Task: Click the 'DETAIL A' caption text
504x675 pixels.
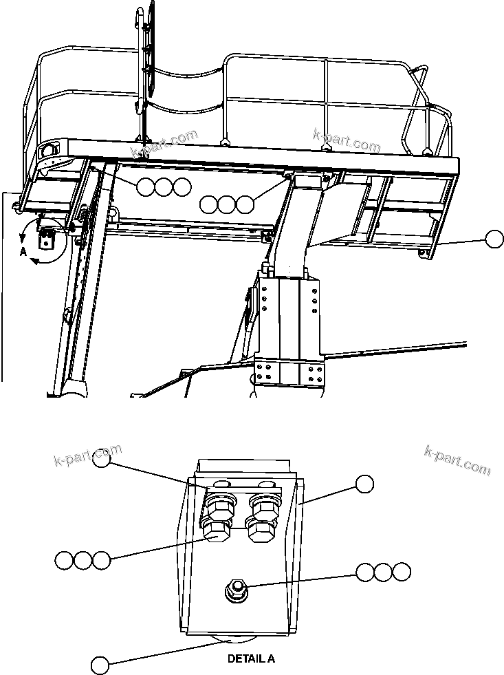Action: (251, 658)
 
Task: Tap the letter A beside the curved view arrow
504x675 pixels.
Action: (23, 253)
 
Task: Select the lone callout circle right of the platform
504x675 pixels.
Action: (494, 239)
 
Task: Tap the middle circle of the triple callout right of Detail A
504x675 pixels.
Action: (383, 571)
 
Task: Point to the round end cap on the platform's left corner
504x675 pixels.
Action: (49, 151)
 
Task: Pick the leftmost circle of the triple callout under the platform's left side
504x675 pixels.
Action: (145, 186)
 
